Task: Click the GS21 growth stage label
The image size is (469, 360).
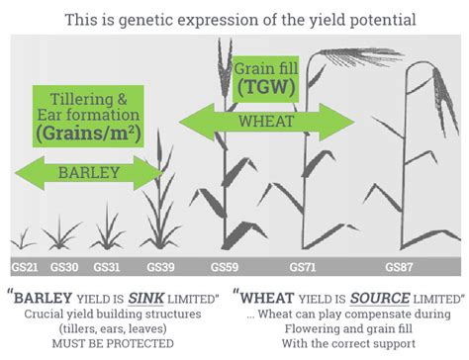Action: (24, 266)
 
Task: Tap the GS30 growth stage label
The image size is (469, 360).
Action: (64, 266)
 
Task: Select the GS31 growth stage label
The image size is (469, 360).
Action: (107, 266)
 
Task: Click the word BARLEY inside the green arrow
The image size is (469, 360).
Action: (89, 172)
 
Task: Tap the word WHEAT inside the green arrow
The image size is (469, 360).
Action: (266, 122)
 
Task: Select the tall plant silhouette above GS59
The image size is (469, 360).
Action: (229, 168)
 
